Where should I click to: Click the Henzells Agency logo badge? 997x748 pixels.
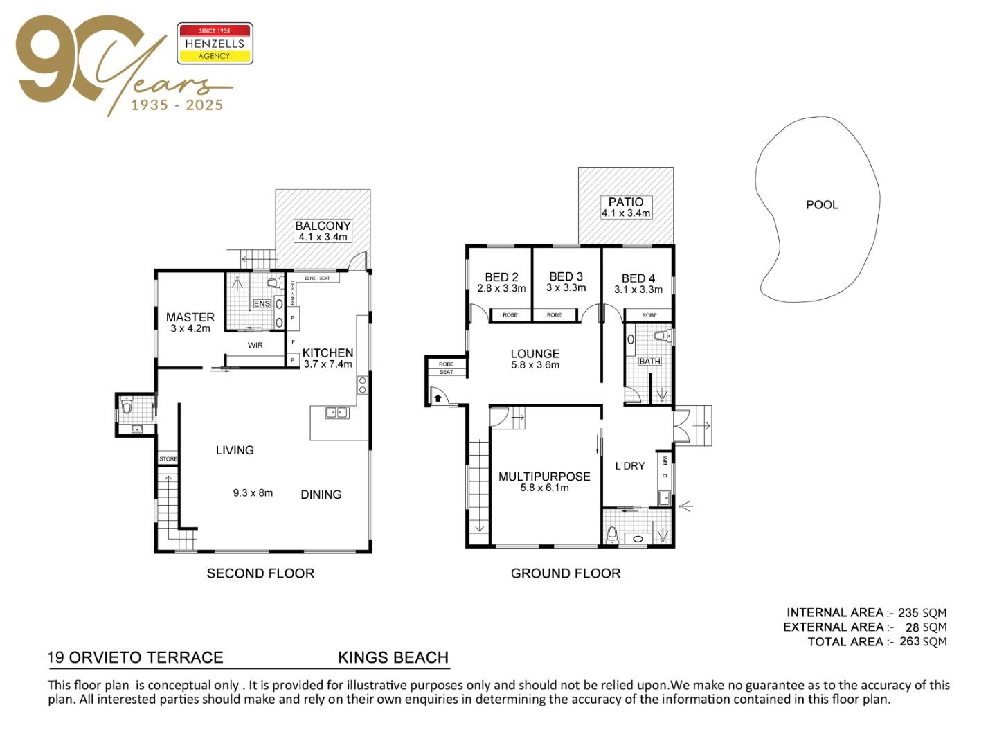[215, 43]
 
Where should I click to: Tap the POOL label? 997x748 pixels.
[822, 205]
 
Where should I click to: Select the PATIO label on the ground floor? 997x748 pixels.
[625, 202]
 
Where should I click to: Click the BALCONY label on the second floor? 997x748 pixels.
[323, 226]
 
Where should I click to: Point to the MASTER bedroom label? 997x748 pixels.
[190, 317]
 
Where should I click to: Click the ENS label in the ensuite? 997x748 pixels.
[262, 303]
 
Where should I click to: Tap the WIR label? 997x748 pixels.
[255, 345]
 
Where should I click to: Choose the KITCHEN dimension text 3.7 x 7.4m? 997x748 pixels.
[327, 364]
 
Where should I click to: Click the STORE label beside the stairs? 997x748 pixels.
[168, 458]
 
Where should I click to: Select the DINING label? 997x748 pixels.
[321, 494]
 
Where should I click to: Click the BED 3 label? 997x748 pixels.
[566, 276]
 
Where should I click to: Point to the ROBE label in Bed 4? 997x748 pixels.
[649, 315]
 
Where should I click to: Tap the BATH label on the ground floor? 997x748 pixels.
[649, 361]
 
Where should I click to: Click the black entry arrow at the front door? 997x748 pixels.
[438, 398]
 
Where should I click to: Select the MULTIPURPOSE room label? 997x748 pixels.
[544, 477]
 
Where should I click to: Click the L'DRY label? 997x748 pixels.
[629, 466]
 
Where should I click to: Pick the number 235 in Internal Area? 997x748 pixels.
[908, 613]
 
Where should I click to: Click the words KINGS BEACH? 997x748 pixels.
[393, 657]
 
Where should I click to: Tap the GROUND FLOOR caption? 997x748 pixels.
[566, 573]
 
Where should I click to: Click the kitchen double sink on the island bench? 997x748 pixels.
[337, 412]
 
